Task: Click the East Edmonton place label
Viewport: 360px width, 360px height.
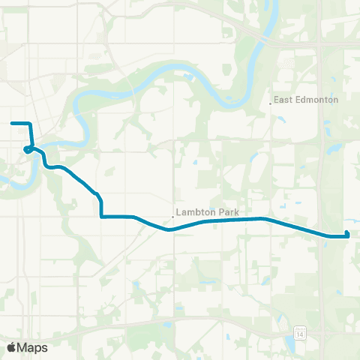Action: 306,100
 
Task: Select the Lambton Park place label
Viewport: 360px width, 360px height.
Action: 208,213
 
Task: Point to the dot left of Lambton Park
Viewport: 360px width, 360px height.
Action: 173,217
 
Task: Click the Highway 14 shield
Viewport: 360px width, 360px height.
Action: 300,331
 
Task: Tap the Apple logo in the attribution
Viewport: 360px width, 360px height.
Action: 12,347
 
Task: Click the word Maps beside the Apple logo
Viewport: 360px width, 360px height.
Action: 32,347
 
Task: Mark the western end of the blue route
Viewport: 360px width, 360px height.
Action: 12,122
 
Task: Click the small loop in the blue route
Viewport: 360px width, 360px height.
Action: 27,149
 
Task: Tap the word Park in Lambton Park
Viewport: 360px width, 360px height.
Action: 229,213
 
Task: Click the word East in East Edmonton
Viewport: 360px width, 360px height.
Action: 282,100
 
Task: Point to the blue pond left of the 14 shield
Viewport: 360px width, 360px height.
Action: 289,344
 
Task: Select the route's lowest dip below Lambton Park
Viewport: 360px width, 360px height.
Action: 170,230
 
